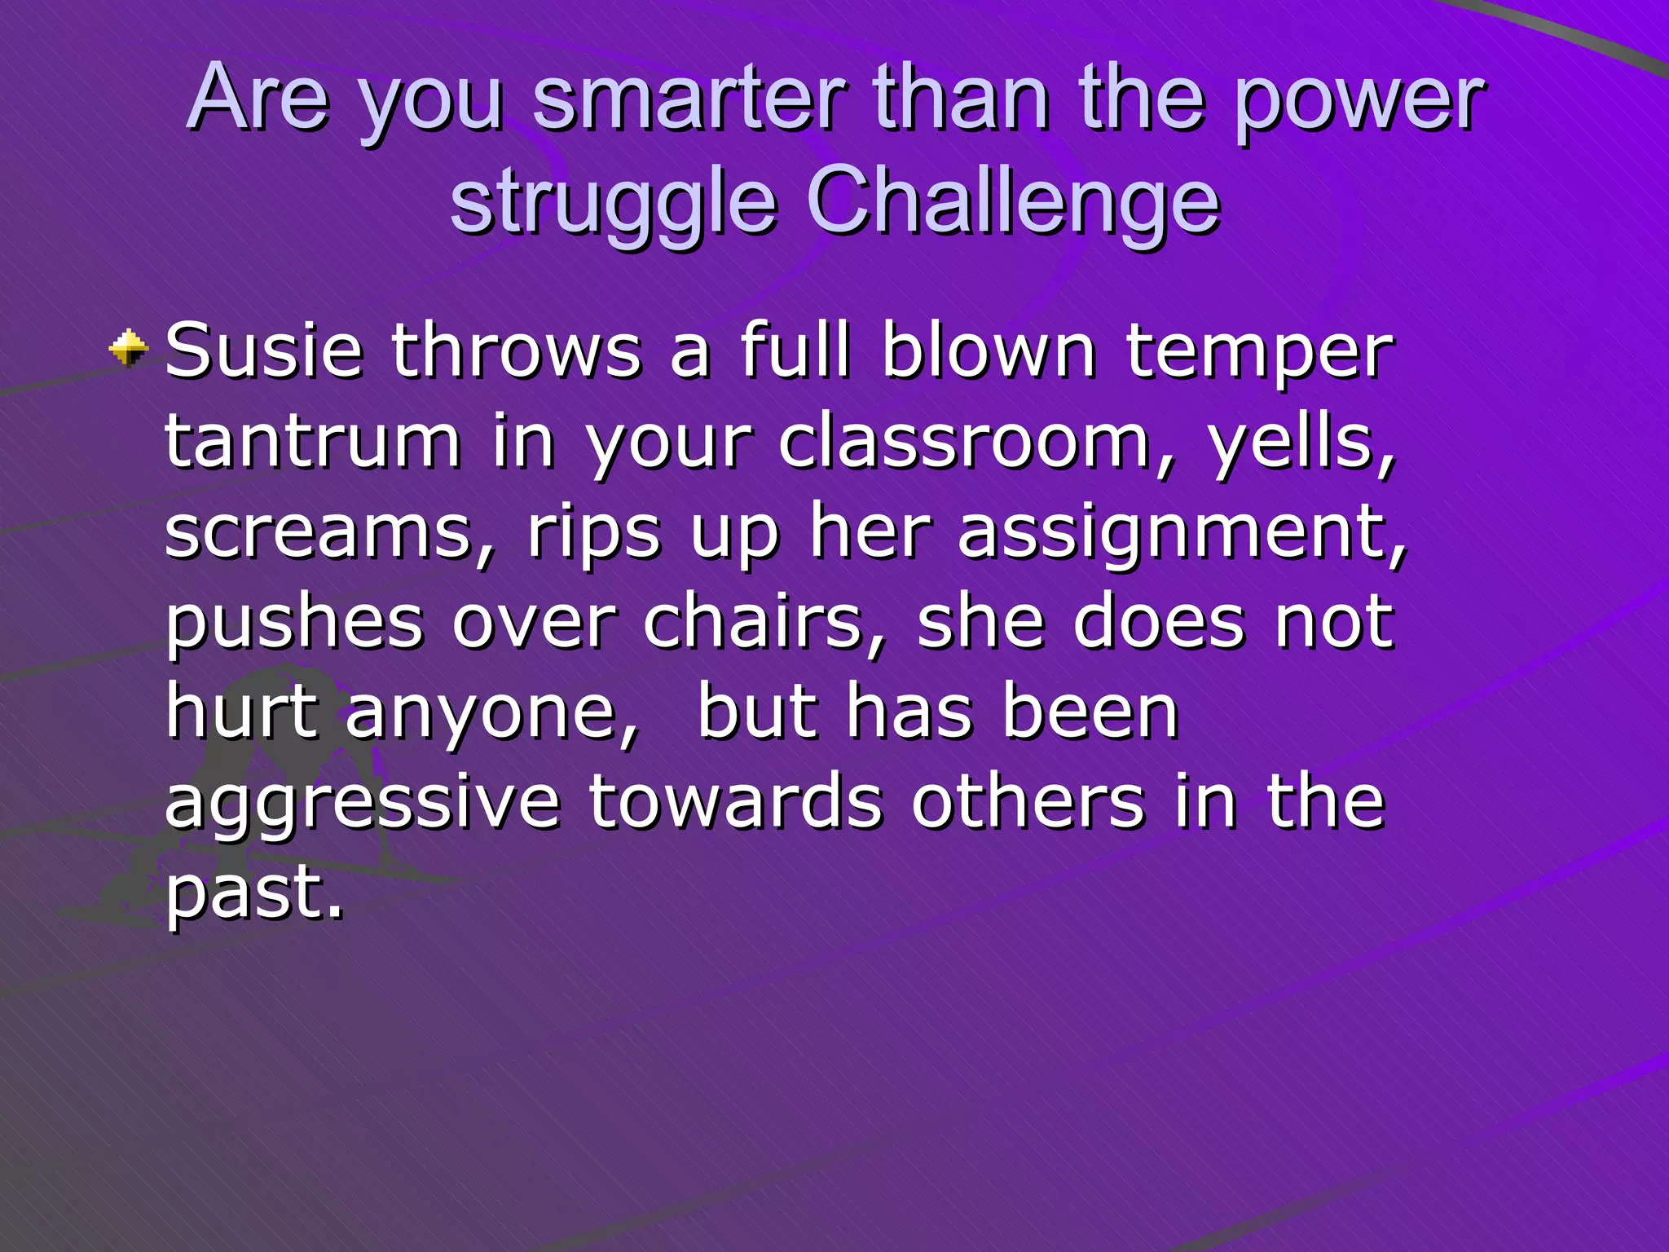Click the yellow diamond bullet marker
pyautogui.click(x=129, y=348)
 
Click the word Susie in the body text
pyautogui.click(x=263, y=351)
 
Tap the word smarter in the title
pyautogui.click(x=689, y=99)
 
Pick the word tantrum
pyautogui.click(x=313, y=442)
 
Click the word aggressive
pyautogui.click(x=363, y=803)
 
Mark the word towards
pyautogui.click(x=735, y=801)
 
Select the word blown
pyautogui.click(x=989, y=351)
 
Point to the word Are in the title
pyautogui.click(x=259, y=99)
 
